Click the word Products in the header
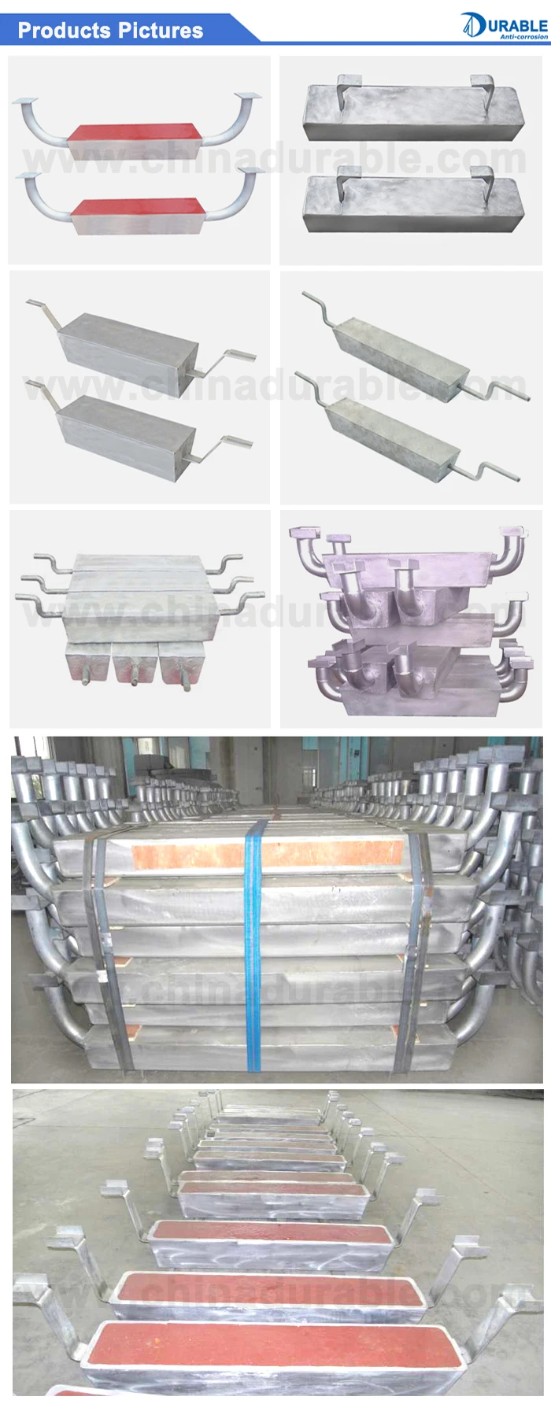(64, 31)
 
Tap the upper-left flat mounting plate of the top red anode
(26, 101)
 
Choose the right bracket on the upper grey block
(482, 90)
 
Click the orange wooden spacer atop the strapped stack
(268, 853)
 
